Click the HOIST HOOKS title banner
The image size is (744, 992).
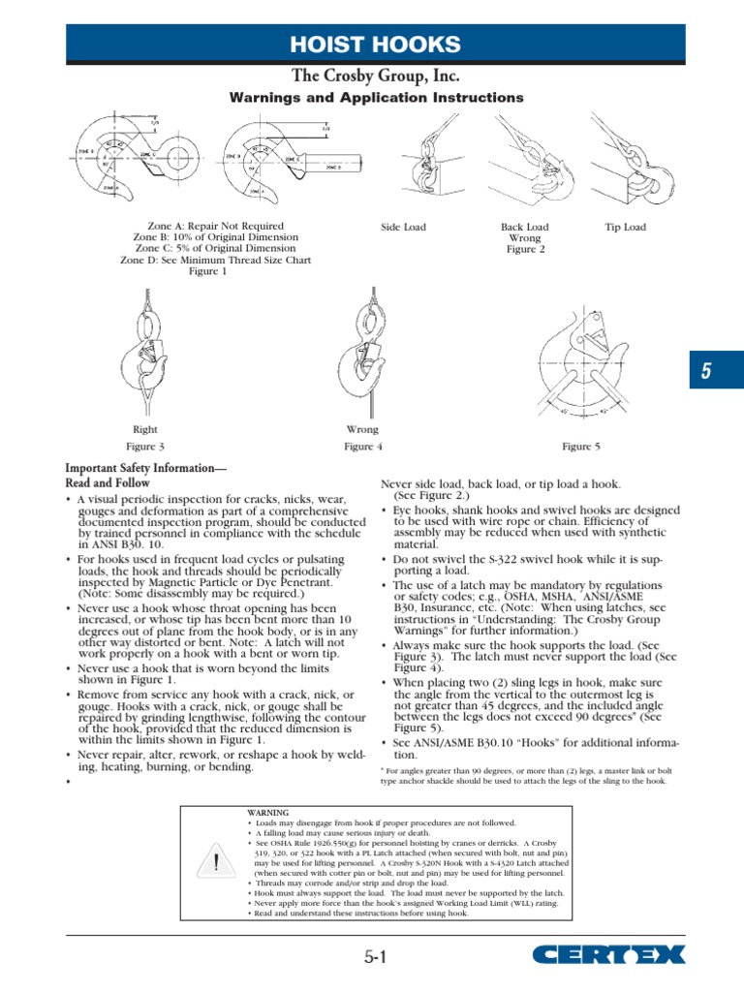click(x=376, y=44)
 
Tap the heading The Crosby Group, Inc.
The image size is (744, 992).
click(x=376, y=76)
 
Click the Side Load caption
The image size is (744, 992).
click(x=404, y=228)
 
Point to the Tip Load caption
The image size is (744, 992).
click(x=625, y=228)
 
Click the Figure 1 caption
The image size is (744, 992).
click(x=208, y=271)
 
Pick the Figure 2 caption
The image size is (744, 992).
click(x=525, y=249)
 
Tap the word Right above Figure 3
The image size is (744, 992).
click(x=145, y=429)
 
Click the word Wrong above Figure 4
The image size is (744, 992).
click(x=362, y=429)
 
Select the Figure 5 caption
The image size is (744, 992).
click(x=581, y=447)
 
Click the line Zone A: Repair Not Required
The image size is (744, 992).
click(x=208, y=227)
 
